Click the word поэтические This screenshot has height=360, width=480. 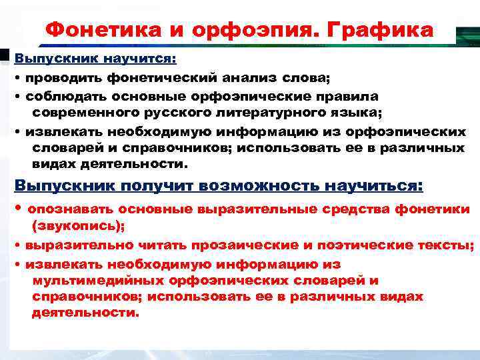(x=354, y=245)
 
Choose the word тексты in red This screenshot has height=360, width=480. (x=447, y=245)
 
